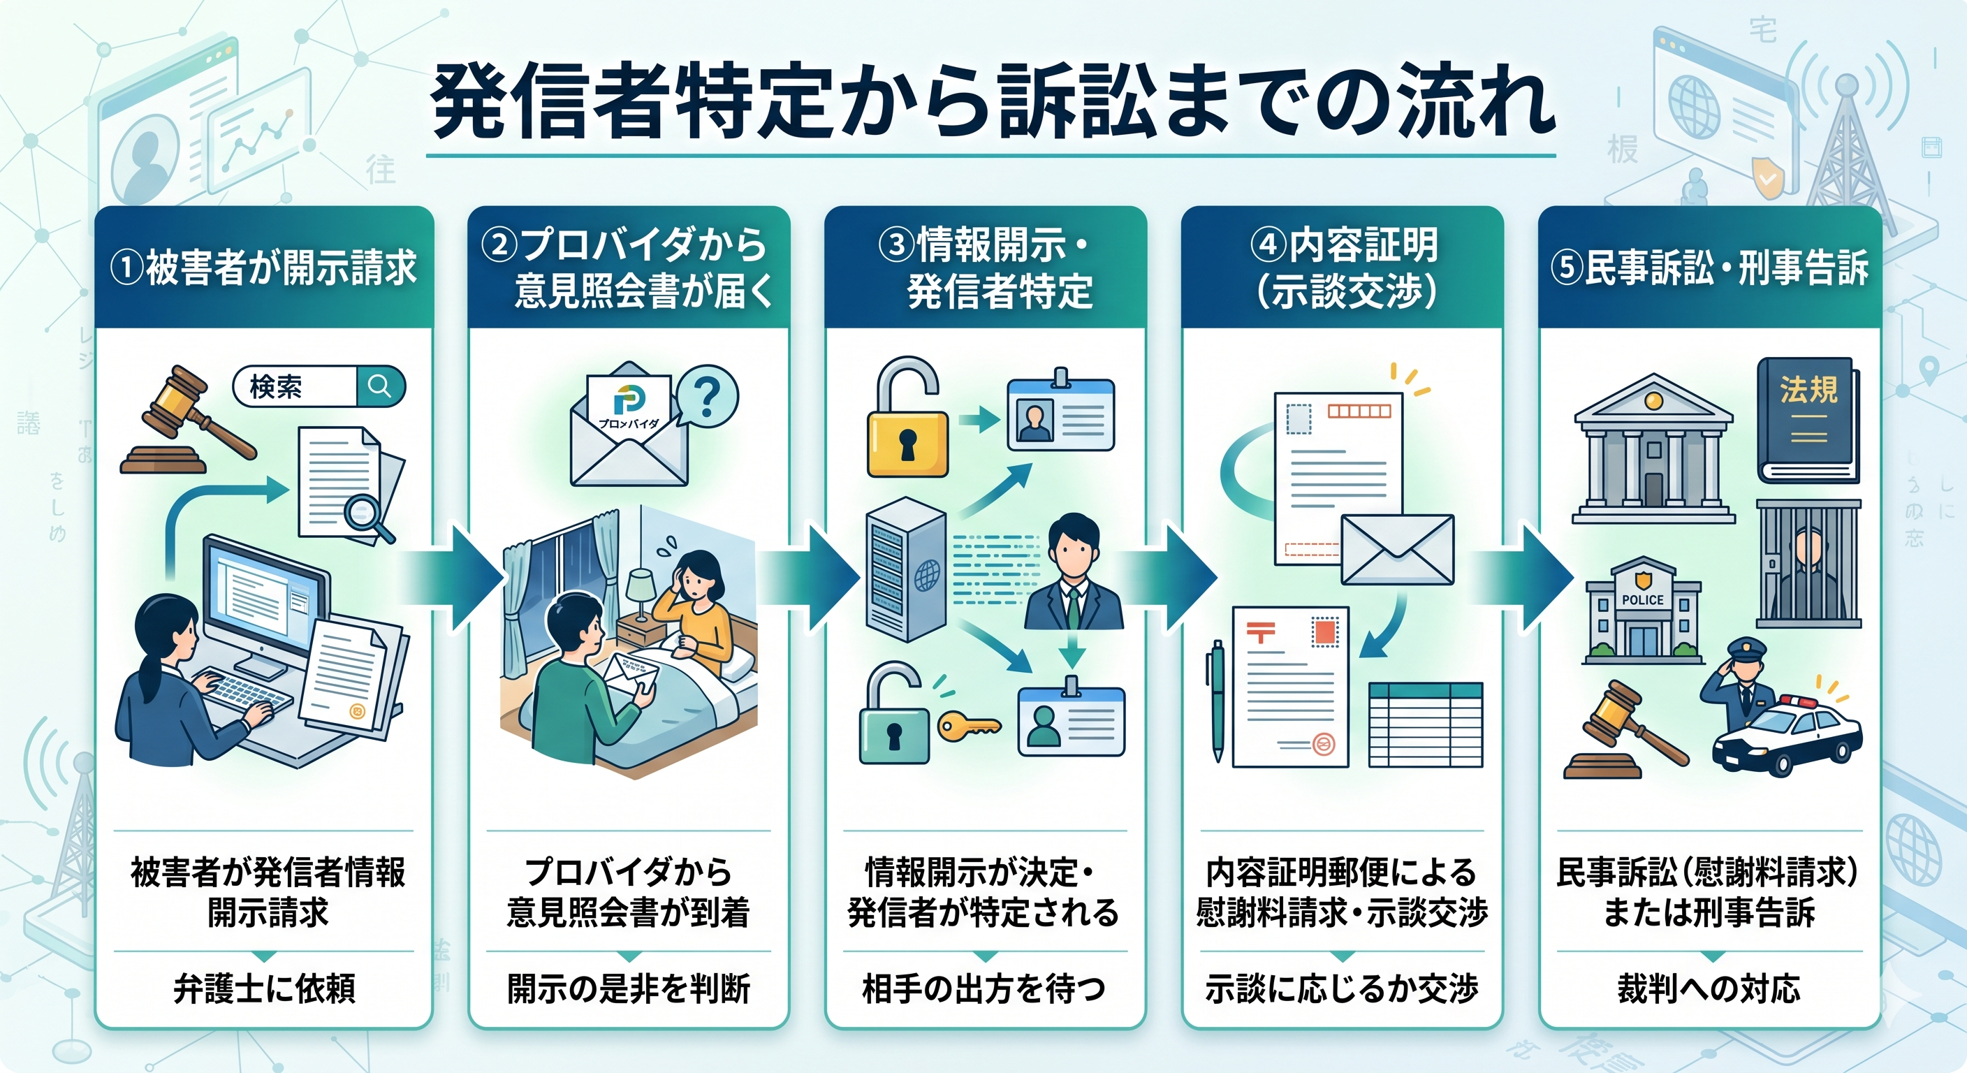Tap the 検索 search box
tap(318, 386)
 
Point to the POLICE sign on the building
tap(1642, 599)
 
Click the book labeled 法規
tap(1808, 420)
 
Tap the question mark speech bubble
tap(707, 396)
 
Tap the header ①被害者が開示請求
tap(264, 268)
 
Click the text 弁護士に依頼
tap(264, 989)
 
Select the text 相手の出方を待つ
tap(984, 989)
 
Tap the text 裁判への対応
tap(1709, 989)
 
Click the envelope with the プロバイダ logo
tap(629, 432)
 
